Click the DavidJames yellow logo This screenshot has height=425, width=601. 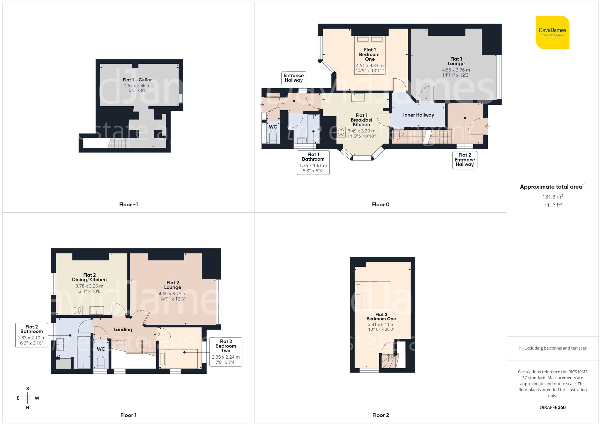[552, 32]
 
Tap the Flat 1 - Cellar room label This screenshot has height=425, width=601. [137, 80]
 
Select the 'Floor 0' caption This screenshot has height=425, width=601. [380, 205]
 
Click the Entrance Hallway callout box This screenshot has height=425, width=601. [294, 78]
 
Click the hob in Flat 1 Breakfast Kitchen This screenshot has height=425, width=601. [341, 132]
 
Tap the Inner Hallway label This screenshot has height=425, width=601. [418, 115]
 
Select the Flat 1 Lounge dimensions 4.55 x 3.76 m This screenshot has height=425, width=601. [456, 70]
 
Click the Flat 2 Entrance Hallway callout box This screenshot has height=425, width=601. [465, 160]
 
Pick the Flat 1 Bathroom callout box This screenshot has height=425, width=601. [313, 162]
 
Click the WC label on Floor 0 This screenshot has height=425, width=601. [273, 127]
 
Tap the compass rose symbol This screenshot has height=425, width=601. [28, 398]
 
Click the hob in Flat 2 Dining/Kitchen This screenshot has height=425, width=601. [77, 310]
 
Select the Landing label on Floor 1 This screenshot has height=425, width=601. [123, 329]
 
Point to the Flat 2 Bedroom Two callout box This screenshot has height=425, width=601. [226, 352]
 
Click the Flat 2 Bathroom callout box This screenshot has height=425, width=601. [32, 335]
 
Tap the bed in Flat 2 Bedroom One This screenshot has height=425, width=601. [373, 296]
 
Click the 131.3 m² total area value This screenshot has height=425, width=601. [552, 197]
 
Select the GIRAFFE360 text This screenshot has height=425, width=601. [552, 408]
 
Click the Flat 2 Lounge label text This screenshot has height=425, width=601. [172, 285]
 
